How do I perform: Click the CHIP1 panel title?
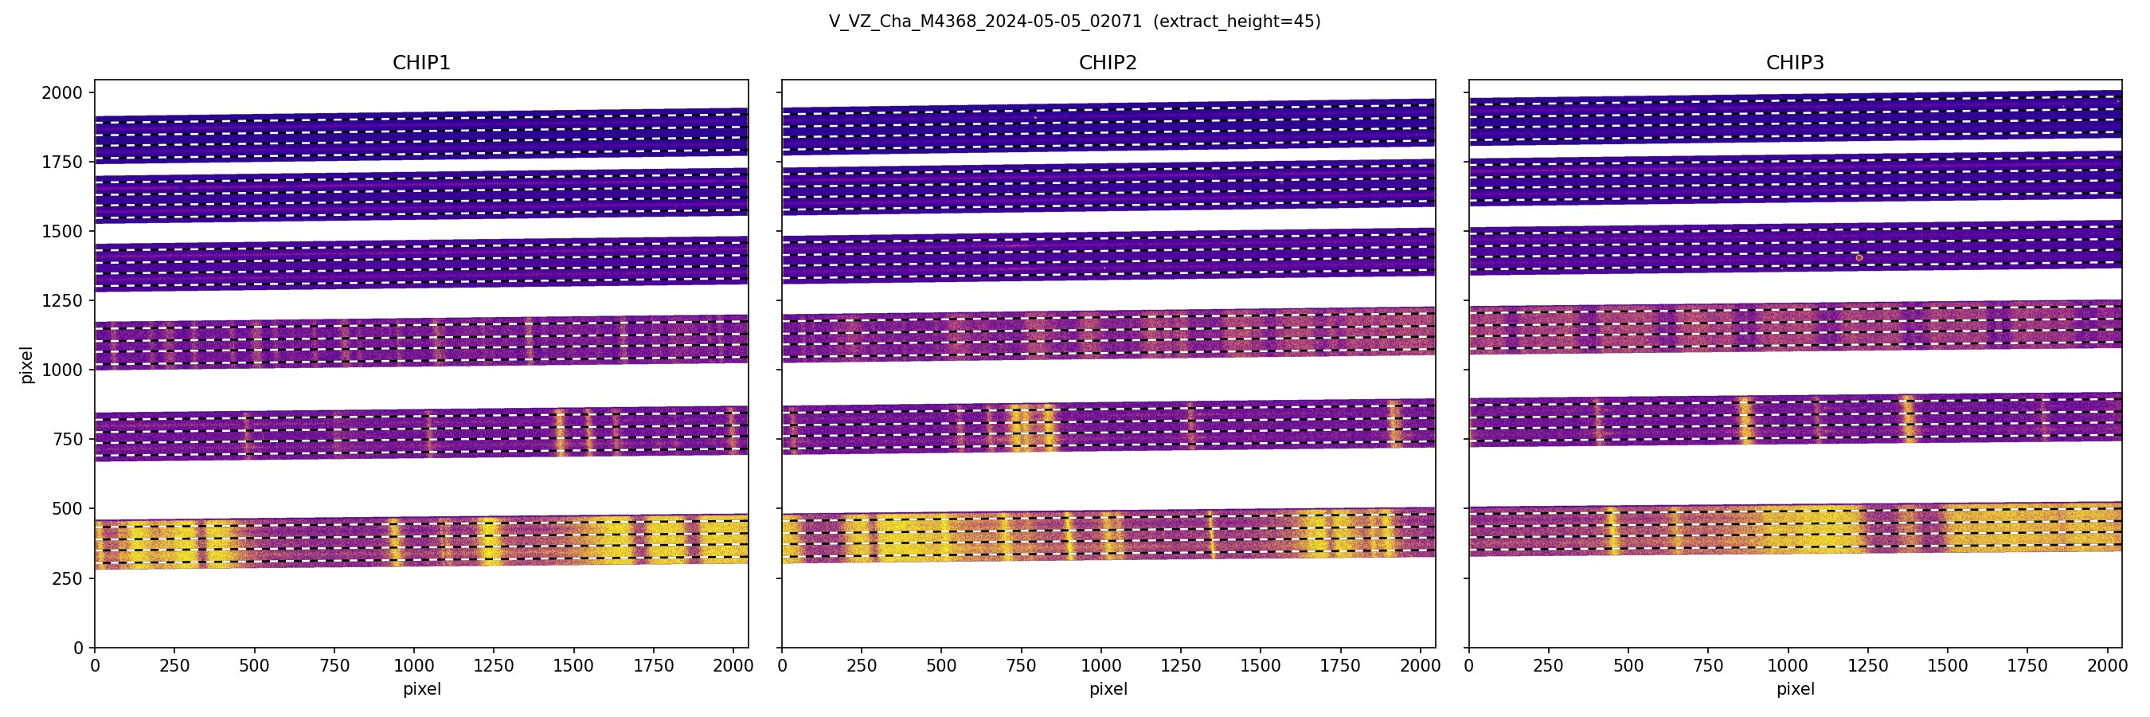click(x=421, y=63)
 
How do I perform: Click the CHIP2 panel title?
click(x=1108, y=63)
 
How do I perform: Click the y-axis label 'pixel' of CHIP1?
click(x=27, y=365)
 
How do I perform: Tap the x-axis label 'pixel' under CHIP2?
click(x=1108, y=689)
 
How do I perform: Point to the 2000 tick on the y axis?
click(x=63, y=92)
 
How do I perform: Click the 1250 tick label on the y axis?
click(x=63, y=300)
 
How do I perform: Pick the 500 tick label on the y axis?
click(x=68, y=508)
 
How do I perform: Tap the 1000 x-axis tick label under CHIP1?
click(x=414, y=666)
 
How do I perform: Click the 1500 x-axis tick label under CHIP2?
click(x=1261, y=666)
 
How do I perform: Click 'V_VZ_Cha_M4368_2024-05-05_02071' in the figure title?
click(x=985, y=22)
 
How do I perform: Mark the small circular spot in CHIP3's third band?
click(x=1859, y=258)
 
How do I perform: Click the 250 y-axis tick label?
click(x=68, y=578)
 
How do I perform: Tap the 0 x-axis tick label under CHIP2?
click(x=782, y=666)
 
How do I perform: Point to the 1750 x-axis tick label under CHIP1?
click(x=654, y=666)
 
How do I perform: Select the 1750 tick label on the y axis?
click(x=63, y=162)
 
